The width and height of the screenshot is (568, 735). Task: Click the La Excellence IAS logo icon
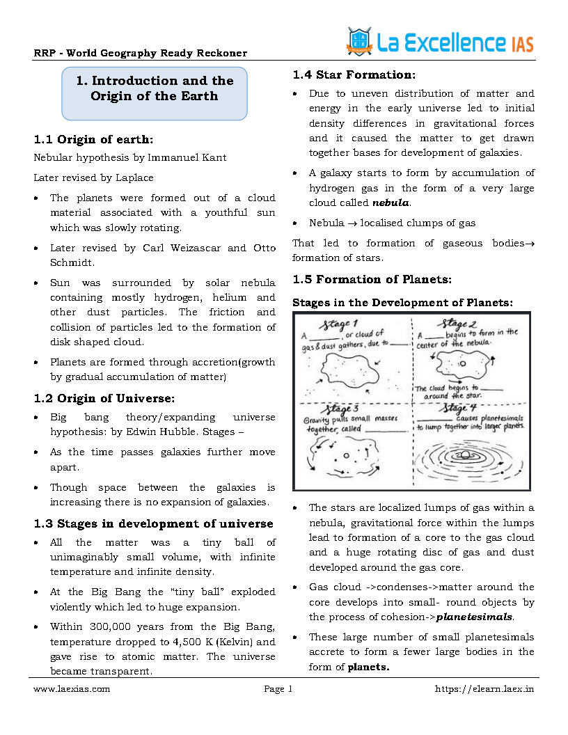[359, 42]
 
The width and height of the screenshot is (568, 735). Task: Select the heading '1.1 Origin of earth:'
[93, 139]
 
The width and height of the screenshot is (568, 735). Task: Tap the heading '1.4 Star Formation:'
[354, 74]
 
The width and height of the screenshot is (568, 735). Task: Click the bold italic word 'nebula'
[390, 203]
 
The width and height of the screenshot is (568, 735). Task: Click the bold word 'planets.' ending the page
[368, 667]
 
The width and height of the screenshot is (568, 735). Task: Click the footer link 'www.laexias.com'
[72, 689]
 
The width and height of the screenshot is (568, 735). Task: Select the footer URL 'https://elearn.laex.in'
[484, 689]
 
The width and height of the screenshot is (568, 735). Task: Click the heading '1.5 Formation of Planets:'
[372, 279]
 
